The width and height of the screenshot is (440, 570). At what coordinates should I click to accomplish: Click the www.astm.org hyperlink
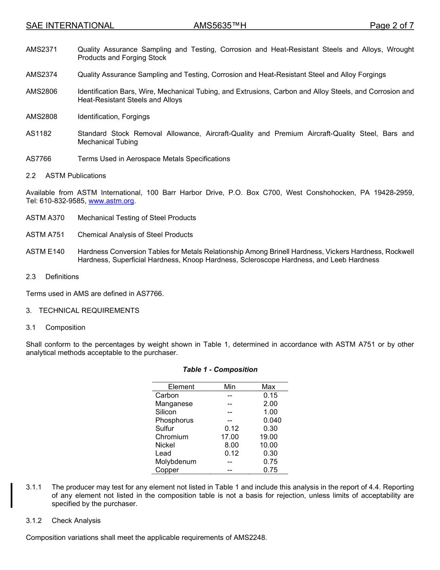click(x=111, y=201)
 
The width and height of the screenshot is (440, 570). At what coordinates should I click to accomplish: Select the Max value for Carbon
click(x=270, y=395)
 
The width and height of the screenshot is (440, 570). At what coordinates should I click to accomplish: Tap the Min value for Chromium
click(x=230, y=437)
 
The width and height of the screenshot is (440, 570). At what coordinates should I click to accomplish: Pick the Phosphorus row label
click(x=174, y=420)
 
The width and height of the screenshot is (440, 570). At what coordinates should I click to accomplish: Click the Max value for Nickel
click(x=269, y=445)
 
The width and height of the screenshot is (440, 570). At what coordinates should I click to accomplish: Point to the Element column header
click(x=181, y=387)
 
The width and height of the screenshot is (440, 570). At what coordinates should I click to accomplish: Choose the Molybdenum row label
click(x=176, y=462)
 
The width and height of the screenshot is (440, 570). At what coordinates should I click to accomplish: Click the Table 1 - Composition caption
click(x=220, y=370)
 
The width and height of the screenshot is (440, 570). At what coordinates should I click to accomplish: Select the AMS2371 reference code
click(x=42, y=50)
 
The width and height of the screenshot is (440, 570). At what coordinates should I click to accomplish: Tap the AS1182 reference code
click(x=39, y=134)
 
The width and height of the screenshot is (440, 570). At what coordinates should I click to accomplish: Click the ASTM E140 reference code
click(x=45, y=252)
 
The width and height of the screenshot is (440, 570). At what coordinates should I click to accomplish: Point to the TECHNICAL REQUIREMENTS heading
click(x=89, y=311)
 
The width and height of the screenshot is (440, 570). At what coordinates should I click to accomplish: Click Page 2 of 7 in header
click(x=392, y=26)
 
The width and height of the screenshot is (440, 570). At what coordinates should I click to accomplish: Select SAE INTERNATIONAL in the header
click(x=70, y=26)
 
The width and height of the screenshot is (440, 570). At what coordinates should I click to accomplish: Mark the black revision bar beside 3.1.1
click(x=12, y=495)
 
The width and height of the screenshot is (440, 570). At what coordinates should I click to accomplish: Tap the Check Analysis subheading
click(x=76, y=521)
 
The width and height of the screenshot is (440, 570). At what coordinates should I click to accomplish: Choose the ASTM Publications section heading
click(x=75, y=176)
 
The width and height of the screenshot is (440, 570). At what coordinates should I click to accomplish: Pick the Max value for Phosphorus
click(x=272, y=420)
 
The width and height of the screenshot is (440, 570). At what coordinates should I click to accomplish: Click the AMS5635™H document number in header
click(x=220, y=26)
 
